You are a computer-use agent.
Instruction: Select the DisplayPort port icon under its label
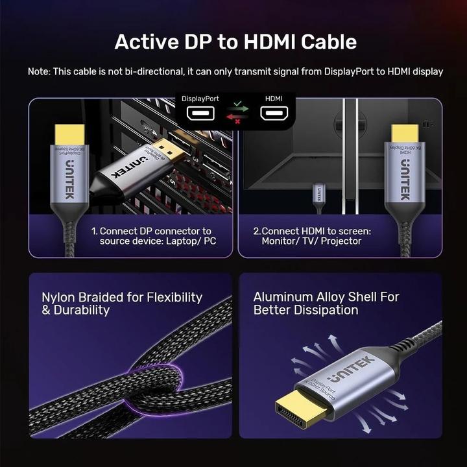pyautogui.click(x=200, y=114)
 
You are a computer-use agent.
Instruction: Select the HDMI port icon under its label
pyautogui.click(x=274, y=114)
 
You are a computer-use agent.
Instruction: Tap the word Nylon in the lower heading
pyautogui.click(x=60, y=298)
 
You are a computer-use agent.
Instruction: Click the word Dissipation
pyautogui.click(x=322, y=310)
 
